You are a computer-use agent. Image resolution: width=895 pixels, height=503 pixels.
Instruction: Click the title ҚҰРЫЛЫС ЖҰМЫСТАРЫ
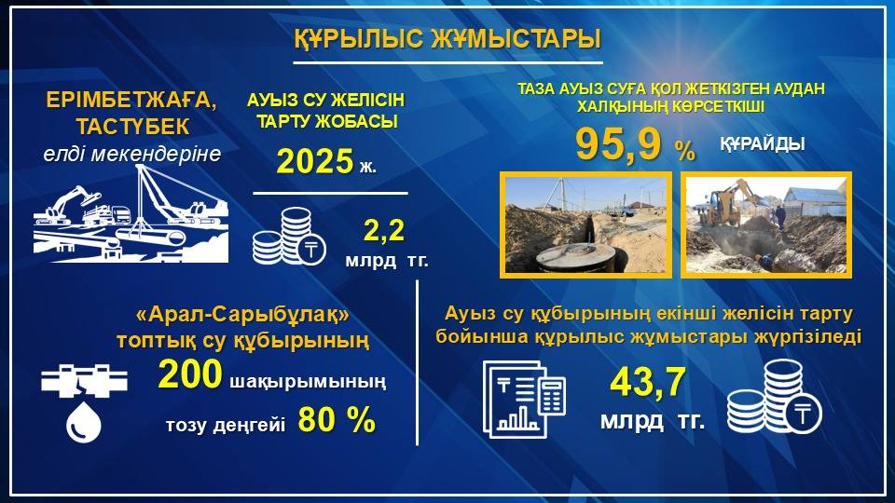click(447, 39)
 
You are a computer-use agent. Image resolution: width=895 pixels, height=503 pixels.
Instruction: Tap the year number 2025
click(315, 161)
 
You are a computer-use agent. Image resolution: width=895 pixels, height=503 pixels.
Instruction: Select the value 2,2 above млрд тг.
click(383, 230)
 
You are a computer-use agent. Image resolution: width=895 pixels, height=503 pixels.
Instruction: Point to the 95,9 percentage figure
click(618, 144)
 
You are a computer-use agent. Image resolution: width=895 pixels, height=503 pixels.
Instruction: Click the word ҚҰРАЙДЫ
click(762, 143)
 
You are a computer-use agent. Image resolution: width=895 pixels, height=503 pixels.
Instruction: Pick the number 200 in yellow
click(190, 374)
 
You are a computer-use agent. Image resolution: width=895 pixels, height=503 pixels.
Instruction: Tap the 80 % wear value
click(337, 420)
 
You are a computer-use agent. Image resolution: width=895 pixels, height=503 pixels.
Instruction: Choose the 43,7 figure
click(647, 382)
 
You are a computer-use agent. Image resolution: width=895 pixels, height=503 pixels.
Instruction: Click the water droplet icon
click(83, 422)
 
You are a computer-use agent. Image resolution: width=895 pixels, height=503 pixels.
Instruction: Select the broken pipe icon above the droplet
click(84, 381)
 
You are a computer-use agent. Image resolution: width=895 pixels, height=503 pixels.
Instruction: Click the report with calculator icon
click(523, 399)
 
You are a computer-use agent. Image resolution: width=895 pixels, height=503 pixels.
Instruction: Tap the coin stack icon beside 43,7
click(774, 397)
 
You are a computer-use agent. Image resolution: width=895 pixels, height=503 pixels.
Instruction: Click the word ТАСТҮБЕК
click(132, 127)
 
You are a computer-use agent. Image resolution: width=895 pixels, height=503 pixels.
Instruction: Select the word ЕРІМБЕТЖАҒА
click(131, 101)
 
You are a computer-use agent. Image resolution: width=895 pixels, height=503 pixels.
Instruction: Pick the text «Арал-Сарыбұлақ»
click(243, 315)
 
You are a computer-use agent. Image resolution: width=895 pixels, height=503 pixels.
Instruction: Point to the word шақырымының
click(308, 381)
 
